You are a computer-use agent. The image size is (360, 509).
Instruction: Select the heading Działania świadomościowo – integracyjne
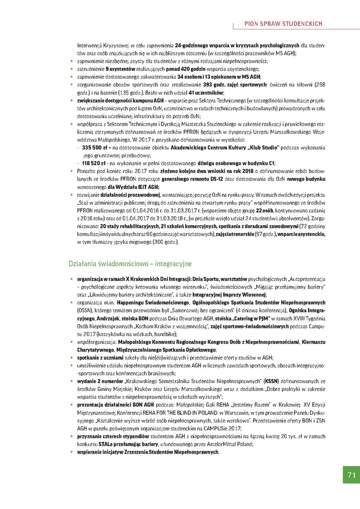(130, 264)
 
